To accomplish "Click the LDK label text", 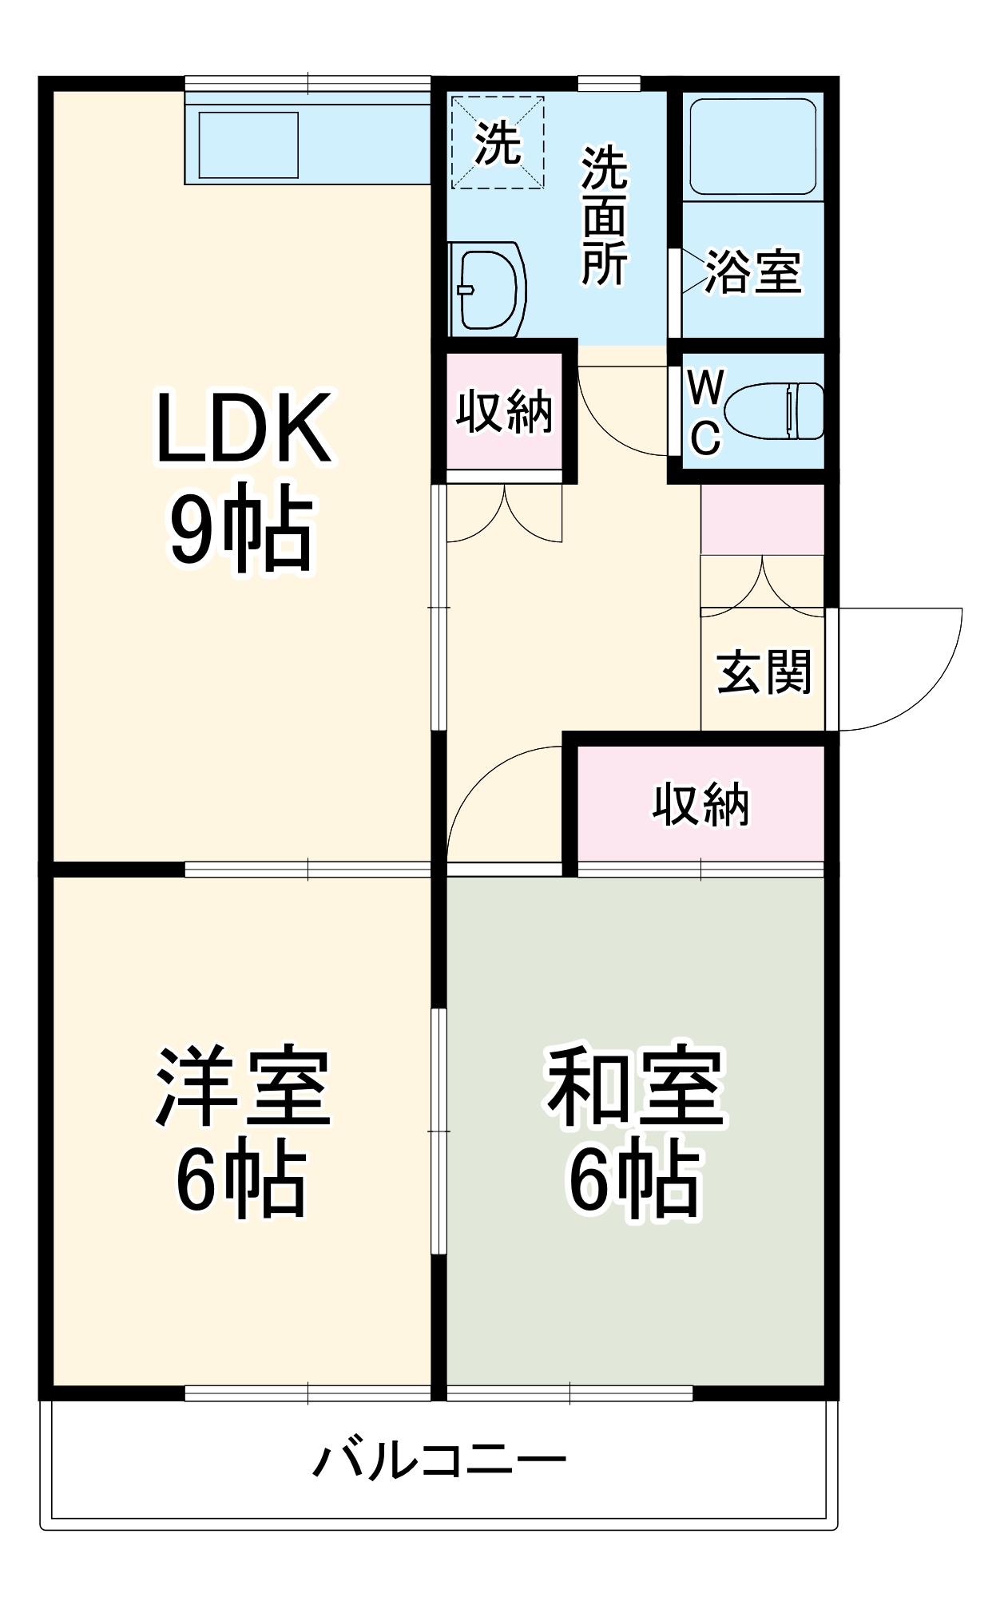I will pos(243,428).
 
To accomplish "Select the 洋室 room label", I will pos(243,1086).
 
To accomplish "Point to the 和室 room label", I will pos(634,1086).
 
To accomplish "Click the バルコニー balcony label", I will pos(439,1460).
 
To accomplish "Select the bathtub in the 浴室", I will pos(752,146).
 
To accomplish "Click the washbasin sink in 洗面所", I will pos(487,289).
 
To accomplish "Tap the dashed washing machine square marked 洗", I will pos(497,143).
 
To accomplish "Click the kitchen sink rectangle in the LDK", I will pos(248,145).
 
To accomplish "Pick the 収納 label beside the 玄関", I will pos(504,412).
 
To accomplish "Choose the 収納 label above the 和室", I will pos(700,804).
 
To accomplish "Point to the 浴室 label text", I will pos(752,271).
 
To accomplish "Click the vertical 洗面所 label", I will pos(604,216).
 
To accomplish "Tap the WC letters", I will pos(705,412).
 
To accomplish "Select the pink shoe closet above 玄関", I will pos(762,519).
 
